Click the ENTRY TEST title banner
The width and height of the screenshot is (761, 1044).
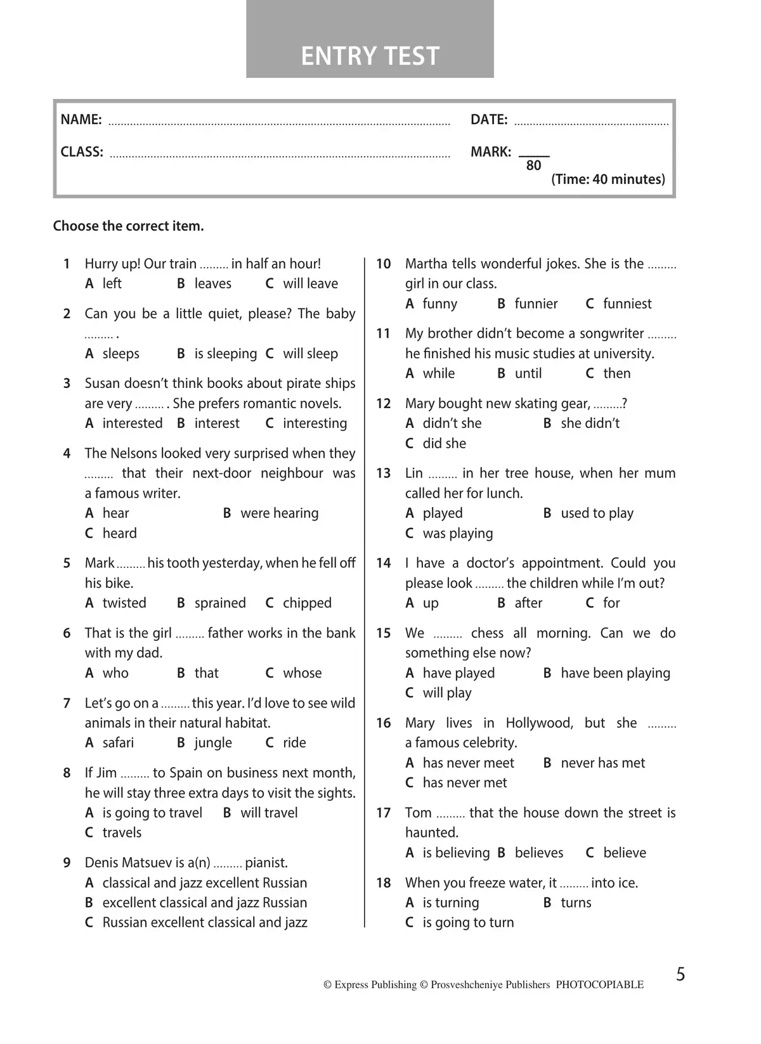point(370,56)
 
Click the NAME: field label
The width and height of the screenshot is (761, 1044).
point(81,120)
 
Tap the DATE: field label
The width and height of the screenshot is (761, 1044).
point(489,120)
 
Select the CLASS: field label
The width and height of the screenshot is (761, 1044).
point(82,152)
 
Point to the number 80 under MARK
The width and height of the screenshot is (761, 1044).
point(534,166)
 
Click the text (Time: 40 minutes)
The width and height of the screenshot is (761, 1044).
point(608,179)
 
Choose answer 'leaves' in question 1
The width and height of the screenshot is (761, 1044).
point(212,284)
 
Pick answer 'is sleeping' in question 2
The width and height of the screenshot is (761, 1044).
point(225,354)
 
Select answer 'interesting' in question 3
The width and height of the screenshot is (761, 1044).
point(315,423)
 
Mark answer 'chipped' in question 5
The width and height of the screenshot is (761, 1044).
point(307,603)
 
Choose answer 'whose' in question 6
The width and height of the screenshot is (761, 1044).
point(302,673)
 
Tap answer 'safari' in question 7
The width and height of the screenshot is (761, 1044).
point(118,743)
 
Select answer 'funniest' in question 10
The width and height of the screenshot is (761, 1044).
point(627,304)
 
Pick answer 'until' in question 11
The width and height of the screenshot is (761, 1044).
point(528,374)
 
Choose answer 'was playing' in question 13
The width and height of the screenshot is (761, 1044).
point(457,534)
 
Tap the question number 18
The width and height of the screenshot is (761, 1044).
point(383,883)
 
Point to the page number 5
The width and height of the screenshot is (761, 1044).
point(680,974)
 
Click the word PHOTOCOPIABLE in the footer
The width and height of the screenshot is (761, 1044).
point(599,985)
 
